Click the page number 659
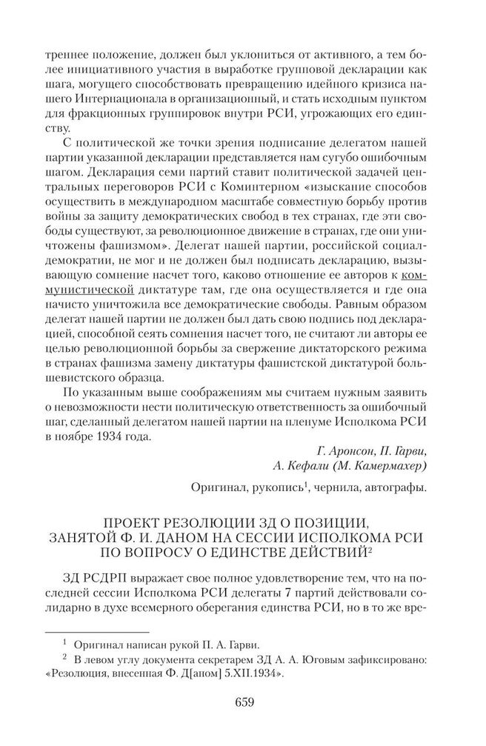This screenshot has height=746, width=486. tap(244, 702)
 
